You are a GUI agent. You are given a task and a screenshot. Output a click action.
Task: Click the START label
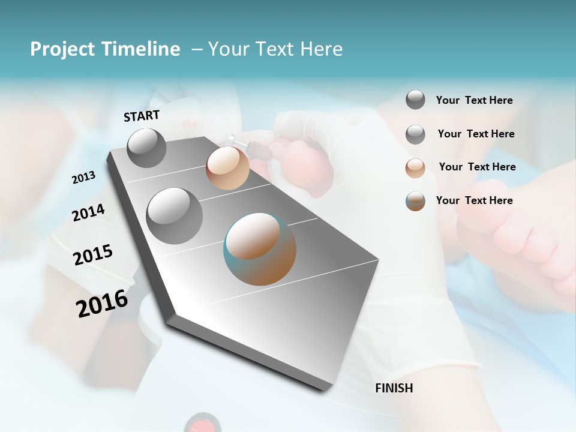pyautogui.click(x=142, y=116)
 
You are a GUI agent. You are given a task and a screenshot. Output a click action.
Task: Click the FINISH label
pyautogui.click(x=394, y=388)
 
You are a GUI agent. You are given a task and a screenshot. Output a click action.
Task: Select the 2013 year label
pyautogui.click(x=84, y=177)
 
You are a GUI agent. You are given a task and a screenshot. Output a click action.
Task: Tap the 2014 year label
pyautogui.click(x=88, y=212)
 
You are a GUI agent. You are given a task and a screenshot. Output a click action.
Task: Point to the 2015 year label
pyautogui.click(x=93, y=255)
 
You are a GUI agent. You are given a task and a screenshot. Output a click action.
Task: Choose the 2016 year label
pyautogui.click(x=102, y=303)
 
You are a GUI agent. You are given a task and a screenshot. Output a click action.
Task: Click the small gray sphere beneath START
pyautogui.click(x=147, y=148)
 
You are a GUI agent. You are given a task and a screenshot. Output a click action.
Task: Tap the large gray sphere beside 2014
pyautogui.click(x=175, y=215)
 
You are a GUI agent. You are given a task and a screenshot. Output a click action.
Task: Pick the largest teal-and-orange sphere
pyautogui.click(x=260, y=249)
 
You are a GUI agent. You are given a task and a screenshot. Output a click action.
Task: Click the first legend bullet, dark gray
pyautogui.click(x=415, y=100)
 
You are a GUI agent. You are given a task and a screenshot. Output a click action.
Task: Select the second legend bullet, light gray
pyautogui.click(x=415, y=134)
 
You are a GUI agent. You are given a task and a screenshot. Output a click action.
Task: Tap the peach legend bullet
pyautogui.click(x=415, y=167)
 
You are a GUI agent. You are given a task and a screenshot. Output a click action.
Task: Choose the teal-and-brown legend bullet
pyautogui.click(x=415, y=201)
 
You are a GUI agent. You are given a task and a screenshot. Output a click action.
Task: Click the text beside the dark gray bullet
pyautogui.click(x=474, y=100)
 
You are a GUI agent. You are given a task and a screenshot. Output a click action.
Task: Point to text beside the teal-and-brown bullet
pyautogui.click(x=474, y=200)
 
